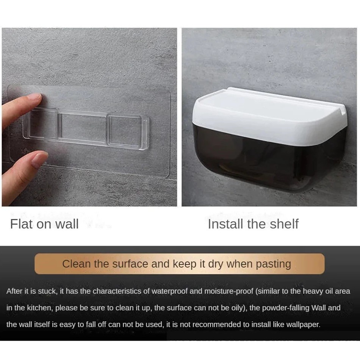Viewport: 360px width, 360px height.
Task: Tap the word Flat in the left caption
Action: point(21,224)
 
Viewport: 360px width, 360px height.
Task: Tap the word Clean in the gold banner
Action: point(77,264)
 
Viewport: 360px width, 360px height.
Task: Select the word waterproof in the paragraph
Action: point(170,291)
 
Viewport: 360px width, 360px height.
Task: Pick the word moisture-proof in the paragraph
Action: point(229,291)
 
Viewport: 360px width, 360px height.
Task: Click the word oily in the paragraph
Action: point(239,308)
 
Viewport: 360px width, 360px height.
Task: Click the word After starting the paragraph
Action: point(15,291)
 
